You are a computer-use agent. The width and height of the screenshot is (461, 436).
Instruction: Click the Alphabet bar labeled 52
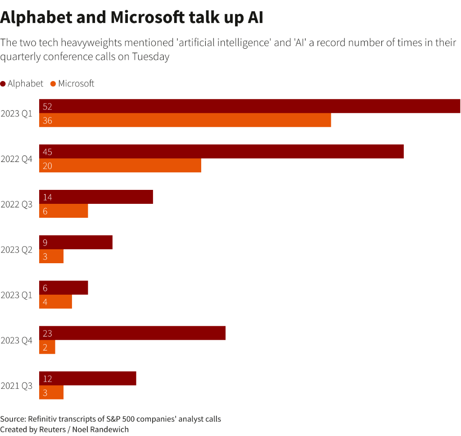(249, 106)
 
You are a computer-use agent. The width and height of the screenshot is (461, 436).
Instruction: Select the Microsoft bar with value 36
(185, 120)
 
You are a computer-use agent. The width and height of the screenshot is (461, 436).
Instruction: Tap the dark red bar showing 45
(221, 152)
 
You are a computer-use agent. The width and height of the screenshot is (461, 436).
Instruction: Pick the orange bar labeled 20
(120, 166)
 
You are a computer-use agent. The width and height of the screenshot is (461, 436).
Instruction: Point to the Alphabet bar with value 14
(96, 197)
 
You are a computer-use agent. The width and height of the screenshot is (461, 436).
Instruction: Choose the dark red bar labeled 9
(76, 243)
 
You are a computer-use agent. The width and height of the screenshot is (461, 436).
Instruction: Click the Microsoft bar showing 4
(55, 301)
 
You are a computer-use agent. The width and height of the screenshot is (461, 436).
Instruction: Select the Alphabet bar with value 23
(132, 333)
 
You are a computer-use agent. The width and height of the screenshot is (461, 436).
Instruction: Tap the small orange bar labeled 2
(47, 347)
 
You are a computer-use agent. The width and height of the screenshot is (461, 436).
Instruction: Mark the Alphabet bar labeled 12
(87, 378)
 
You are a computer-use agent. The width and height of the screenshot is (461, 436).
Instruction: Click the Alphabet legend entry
(22, 84)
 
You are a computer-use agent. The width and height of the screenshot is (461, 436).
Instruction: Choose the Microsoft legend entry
(72, 84)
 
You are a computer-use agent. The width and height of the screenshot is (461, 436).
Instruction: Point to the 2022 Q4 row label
(17, 159)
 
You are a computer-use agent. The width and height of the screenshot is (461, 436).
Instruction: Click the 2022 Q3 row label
(17, 204)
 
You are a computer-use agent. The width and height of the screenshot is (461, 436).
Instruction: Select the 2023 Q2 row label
(17, 250)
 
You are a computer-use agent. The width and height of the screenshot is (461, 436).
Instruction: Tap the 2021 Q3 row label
(17, 386)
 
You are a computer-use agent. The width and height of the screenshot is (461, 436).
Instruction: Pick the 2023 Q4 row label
(17, 340)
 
